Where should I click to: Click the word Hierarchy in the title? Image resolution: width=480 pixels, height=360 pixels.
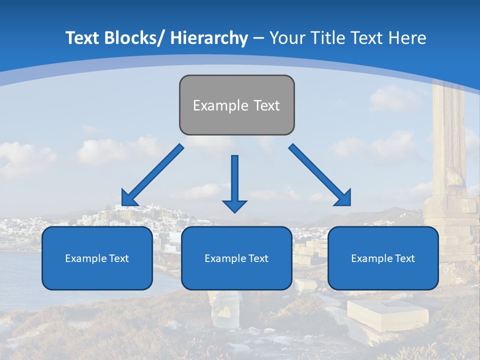(x=209, y=38)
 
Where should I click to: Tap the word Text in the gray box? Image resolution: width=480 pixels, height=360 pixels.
(x=266, y=105)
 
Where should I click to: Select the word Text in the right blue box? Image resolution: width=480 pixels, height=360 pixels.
(x=404, y=258)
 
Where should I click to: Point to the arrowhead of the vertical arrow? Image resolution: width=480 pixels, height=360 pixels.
(x=234, y=205)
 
